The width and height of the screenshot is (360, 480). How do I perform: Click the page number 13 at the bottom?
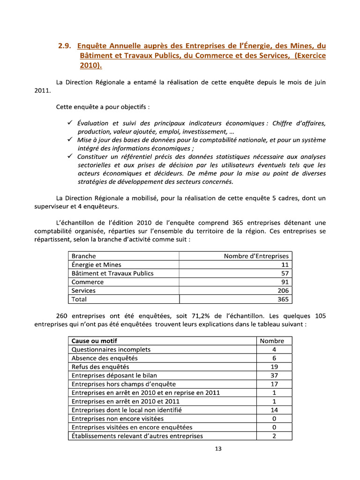coord(218,449)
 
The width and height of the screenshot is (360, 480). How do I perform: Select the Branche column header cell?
coord(83,256)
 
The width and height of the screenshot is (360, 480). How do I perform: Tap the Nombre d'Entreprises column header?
coord(256,256)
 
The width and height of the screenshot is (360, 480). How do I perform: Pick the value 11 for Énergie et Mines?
coord(285,265)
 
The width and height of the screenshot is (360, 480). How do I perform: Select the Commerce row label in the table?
coord(88,282)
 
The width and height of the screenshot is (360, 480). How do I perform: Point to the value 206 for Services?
coord(283,291)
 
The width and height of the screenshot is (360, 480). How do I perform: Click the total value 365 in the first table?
coord(283,299)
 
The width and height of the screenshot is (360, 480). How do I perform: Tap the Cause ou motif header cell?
coord(94,341)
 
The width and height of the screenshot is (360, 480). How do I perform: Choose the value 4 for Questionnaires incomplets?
coord(274,350)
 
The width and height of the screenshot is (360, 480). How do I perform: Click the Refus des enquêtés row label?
coord(100,367)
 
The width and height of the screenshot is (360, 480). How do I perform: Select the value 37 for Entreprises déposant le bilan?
coord(274,375)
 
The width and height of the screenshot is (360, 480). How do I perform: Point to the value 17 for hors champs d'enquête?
coord(274,384)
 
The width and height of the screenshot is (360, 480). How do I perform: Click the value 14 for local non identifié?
coord(274,410)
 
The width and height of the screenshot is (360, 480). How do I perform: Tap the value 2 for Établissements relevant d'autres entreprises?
coord(274,436)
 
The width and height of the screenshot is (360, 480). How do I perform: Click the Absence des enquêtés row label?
coord(105,358)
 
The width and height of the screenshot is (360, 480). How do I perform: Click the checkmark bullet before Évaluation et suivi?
coord(69,123)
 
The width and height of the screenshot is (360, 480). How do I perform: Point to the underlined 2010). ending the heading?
coord(90,66)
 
